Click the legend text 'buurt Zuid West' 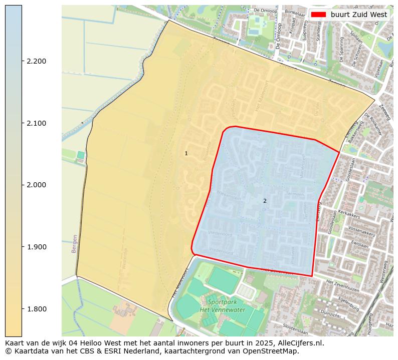pos(358,15)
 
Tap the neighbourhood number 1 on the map pos(186,153)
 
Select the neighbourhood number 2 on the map pos(265,201)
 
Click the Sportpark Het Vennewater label pos(226,306)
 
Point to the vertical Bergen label pos(75,243)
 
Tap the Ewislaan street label pos(360,246)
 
